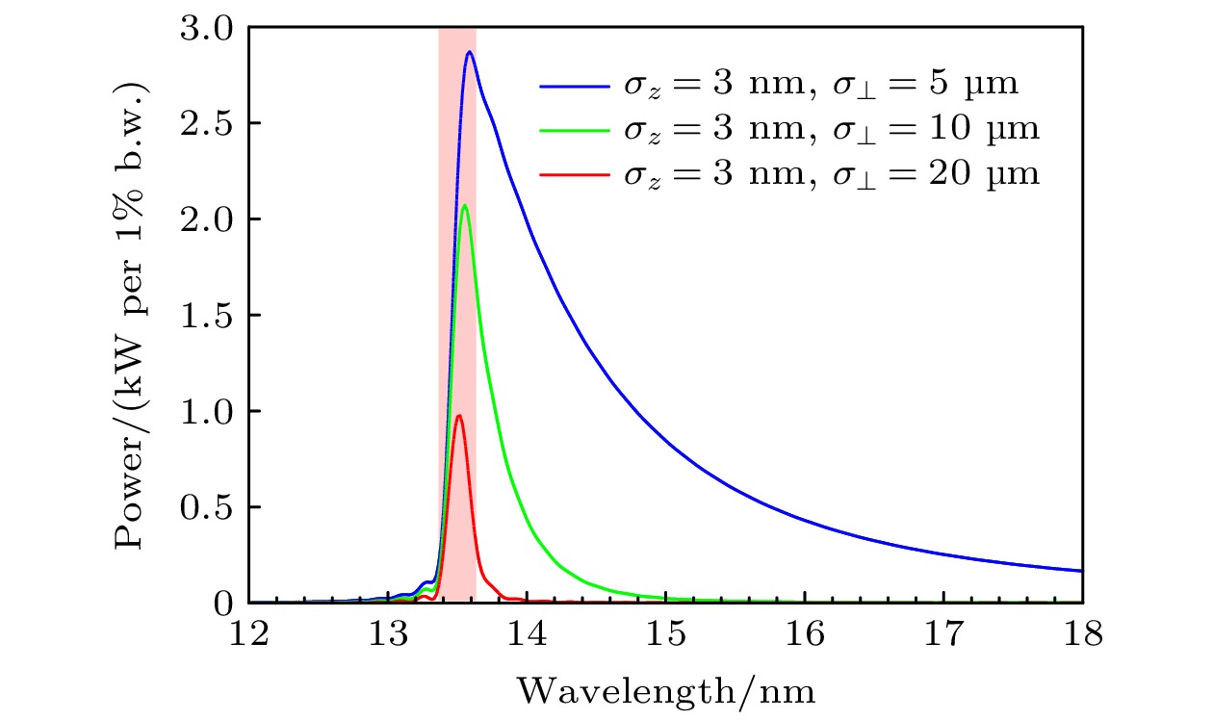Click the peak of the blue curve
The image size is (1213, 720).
click(470, 52)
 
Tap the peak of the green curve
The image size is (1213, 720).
click(465, 205)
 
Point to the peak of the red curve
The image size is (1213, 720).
click(459, 415)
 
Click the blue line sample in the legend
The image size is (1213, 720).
click(573, 87)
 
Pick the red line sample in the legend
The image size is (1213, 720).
click(573, 175)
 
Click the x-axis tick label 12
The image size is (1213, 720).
click(248, 635)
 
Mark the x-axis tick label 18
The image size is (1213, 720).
click(1083, 635)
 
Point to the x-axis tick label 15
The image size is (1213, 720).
click(666, 635)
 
